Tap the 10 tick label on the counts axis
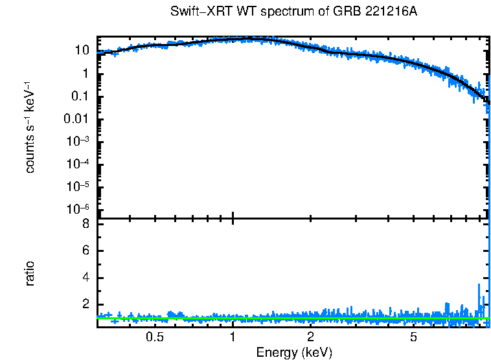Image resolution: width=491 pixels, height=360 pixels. (x=81, y=51)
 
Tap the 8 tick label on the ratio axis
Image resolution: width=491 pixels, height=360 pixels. (x=84, y=225)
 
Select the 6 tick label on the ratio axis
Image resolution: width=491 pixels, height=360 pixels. (x=84, y=251)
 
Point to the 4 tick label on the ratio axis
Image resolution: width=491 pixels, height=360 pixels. (x=84, y=278)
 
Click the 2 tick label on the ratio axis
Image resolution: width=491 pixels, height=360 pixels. (x=84, y=305)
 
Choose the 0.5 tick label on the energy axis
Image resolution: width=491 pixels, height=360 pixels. (x=154, y=337)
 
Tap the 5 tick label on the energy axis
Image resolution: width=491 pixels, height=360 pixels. (x=413, y=337)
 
